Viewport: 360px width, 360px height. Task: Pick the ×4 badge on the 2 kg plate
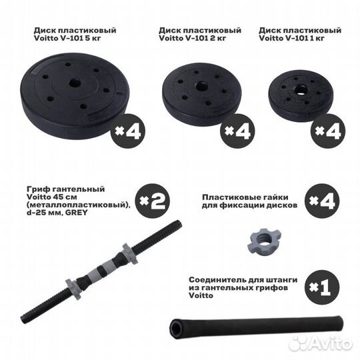[237, 131]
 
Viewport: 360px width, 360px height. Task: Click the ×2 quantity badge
[152, 200]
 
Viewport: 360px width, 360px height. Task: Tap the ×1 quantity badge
[321, 288]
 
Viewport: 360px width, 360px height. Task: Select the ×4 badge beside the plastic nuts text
[321, 200]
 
